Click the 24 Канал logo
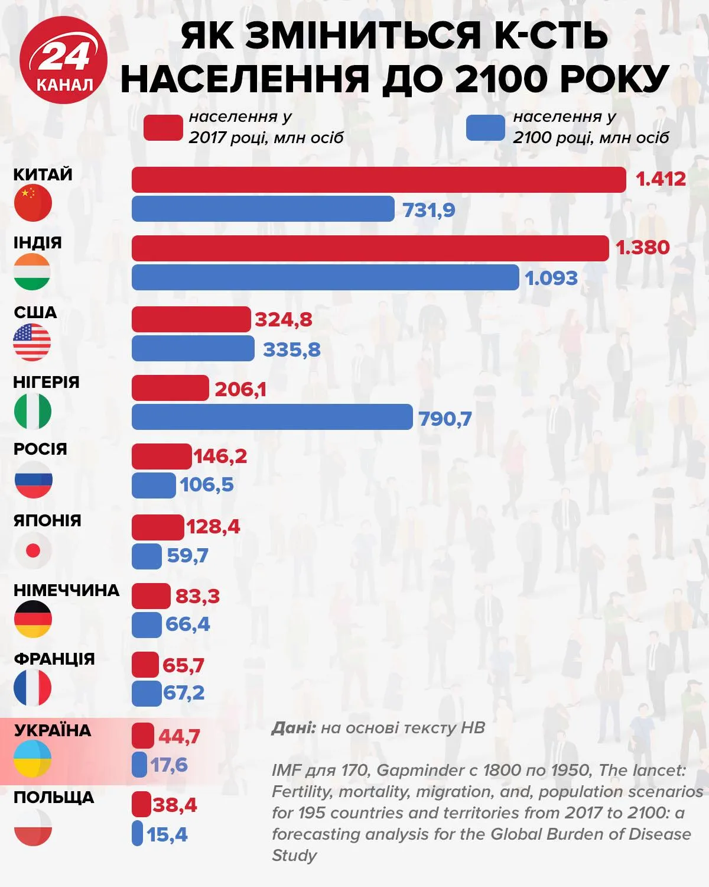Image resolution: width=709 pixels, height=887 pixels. click(63, 60)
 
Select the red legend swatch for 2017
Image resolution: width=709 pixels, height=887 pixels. click(163, 128)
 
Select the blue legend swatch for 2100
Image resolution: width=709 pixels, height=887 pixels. click(485, 128)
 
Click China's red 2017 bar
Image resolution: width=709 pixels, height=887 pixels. click(378, 180)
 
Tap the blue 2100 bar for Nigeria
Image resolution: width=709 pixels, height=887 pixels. click(272, 417)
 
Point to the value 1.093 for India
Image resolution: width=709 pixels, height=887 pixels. click(551, 278)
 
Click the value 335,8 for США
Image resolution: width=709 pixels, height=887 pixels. click(291, 349)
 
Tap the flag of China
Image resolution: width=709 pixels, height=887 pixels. click(33, 203)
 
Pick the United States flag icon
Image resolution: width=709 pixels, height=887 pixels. click(32, 342)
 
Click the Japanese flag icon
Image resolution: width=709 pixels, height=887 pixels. click(33, 551)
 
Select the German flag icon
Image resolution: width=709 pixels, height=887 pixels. click(33, 619)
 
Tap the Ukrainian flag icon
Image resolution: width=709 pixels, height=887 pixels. click(33, 759)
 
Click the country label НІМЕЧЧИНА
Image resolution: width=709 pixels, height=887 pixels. click(66, 590)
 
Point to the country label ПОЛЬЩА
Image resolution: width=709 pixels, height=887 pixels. click(54, 797)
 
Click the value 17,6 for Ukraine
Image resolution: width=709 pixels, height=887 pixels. click(168, 765)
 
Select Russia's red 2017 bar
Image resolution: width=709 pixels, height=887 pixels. click(161, 457)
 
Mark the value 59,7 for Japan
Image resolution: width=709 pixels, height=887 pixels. click(187, 556)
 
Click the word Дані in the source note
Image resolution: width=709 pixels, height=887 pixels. click(293, 727)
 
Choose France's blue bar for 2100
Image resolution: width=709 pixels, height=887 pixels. click(146, 693)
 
